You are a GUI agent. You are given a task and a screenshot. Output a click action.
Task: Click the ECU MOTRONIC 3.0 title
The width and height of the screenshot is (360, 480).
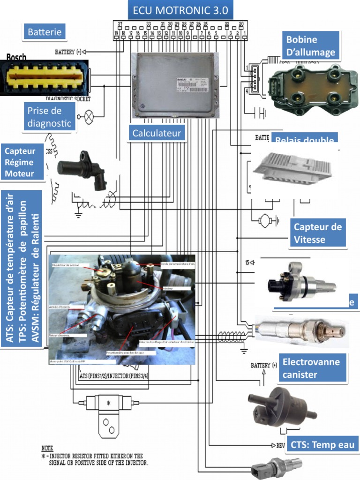coord(180,10)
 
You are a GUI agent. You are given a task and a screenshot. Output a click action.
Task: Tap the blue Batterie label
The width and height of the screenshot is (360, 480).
coord(45,32)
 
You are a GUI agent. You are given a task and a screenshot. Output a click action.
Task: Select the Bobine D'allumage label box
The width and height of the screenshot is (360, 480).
coord(310,46)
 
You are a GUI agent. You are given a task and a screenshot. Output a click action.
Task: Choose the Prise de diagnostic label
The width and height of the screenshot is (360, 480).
coord(50,117)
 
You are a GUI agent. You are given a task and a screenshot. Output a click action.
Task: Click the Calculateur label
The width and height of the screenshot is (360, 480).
coord(157,133)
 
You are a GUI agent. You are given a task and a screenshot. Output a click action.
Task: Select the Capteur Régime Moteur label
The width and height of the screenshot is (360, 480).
coord(23,163)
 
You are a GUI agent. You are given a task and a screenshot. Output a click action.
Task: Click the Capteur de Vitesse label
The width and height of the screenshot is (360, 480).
coord(318,233)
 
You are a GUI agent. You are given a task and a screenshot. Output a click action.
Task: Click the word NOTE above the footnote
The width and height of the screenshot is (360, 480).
coord(47,448)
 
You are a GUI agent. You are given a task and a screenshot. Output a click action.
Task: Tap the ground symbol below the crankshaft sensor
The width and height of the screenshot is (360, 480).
coord(78,214)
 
